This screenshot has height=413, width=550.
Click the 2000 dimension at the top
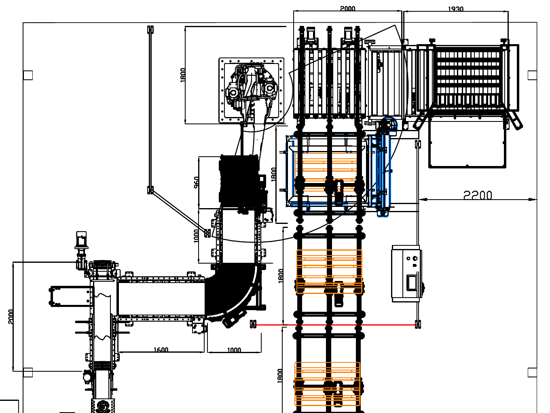click(x=347, y=9)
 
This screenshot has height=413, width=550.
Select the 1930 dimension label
click(x=455, y=9)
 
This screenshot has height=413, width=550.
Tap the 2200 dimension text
click(x=478, y=195)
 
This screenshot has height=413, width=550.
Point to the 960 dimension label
click(x=196, y=182)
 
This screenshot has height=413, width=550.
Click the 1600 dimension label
click(x=161, y=349)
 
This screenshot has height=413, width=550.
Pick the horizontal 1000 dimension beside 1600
click(x=234, y=350)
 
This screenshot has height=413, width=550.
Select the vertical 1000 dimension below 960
click(x=196, y=236)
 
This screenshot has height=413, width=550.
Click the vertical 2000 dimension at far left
click(x=11, y=317)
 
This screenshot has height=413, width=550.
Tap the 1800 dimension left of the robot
click(x=183, y=75)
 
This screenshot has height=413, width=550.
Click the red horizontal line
click(x=336, y=325)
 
